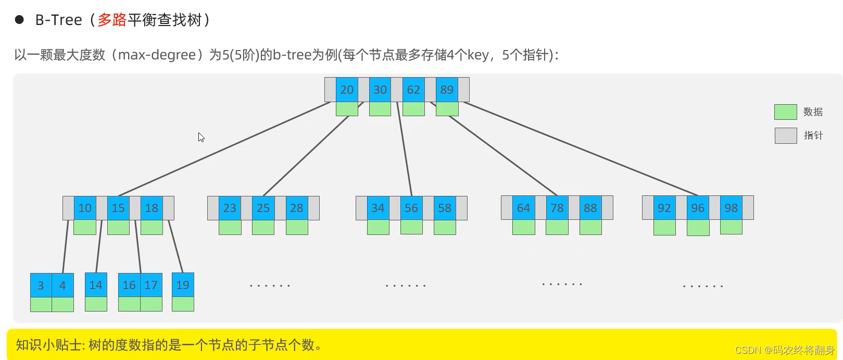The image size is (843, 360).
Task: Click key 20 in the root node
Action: tap(347, 90)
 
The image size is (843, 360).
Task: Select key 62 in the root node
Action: tap(413, 90)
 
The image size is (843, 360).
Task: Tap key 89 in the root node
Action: tap(447, 90)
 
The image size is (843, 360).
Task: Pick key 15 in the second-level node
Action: tap(118, 208)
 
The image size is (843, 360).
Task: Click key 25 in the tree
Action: tap(263, 208)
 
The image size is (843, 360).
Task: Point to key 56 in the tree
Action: tap(411, 208)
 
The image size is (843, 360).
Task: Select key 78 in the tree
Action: tap(557, 208)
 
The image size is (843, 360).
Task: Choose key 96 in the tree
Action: tap(698, 208)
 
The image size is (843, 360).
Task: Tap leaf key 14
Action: tap(96, 285)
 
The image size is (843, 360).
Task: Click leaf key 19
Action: tap(183, 285)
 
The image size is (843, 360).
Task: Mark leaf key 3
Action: tap(41, 285)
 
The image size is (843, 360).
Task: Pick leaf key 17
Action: tap(151, 285)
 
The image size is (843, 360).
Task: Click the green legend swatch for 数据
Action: tap(785, 112)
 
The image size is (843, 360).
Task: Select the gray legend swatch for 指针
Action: tap(785, 135)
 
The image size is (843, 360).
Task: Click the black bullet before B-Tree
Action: tap(20, 20)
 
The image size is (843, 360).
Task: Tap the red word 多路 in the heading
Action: tap(112, 20)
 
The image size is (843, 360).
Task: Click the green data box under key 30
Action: tap(380, 109)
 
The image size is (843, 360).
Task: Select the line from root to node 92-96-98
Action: tap(581, 148)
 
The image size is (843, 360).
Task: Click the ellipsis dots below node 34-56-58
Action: tap(406, 285)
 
